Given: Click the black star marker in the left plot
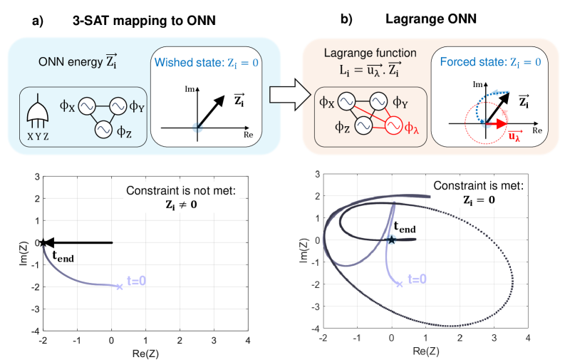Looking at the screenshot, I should click(43, 242).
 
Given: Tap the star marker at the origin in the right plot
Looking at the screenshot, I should click(392, 240).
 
